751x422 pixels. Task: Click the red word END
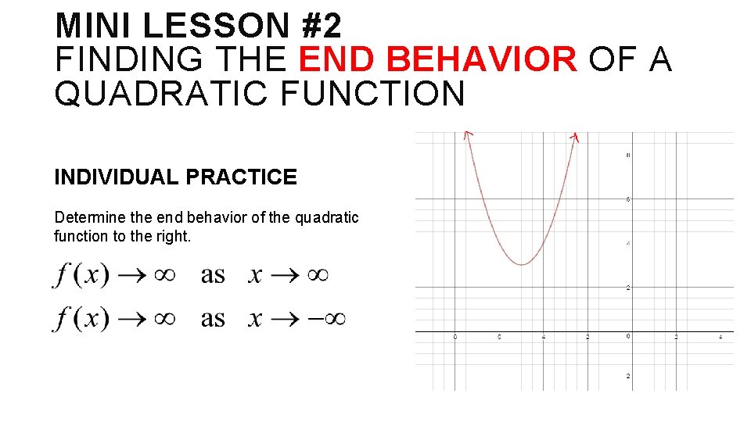click(x=333, y=60)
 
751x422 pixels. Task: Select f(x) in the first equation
click(x=81, y=274)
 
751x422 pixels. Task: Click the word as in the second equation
click(x=212, y=319)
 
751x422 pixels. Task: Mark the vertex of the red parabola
click(x=522, y=264)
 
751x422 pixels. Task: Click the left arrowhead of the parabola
click(x=467, y=135)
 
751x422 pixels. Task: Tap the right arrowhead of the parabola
click(x=575, y=137)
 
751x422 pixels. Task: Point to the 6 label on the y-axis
click(x=627, y=199)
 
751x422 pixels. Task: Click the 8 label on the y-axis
click(x=627, y=156)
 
